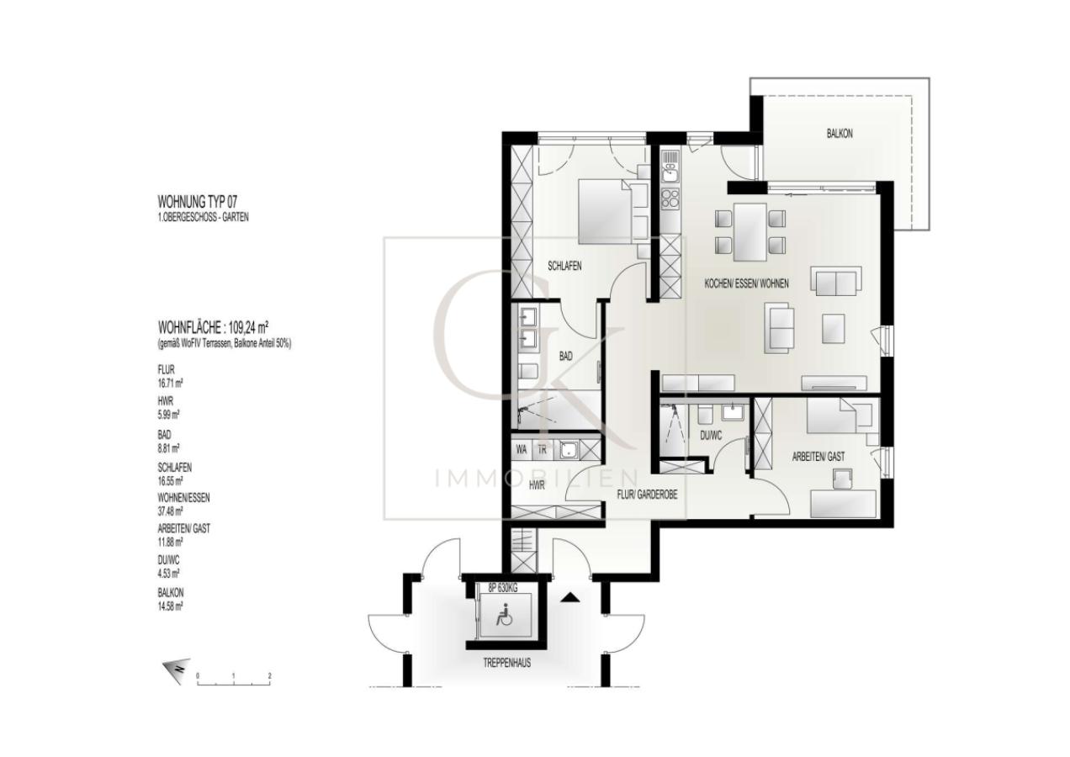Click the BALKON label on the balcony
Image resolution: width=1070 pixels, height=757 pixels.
click(x=839, y=134)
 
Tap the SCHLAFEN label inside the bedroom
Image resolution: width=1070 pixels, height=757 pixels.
click(x=564, y=266)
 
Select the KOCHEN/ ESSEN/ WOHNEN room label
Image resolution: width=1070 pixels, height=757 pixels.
click(x=746, y=284)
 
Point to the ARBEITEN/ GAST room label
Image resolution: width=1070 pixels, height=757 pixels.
click(x=818, y=456)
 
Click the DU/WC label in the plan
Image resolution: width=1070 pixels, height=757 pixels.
click(x=711, y=436)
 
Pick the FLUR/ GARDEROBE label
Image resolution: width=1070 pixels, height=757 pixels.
click(x=647, y=495)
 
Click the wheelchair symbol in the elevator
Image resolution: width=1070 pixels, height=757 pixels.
click(x=506, y=619)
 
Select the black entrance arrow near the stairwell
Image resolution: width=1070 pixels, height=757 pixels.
click(x=570, y=598)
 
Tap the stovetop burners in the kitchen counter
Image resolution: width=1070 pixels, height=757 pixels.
click(x=670, y=199)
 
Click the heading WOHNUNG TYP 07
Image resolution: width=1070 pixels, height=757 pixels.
click(x=203, y=203)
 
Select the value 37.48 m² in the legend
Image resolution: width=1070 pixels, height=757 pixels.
click(x=171, y=510)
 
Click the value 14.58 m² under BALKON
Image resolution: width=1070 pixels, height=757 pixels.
click(x=171, y=605)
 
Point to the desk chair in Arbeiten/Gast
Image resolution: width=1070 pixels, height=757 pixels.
click(x=842, y=479)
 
